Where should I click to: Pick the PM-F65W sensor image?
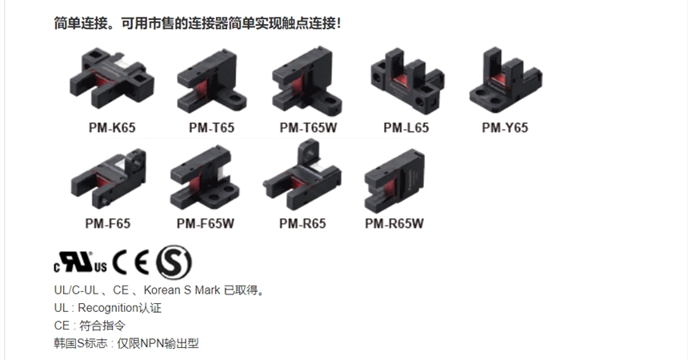click(x=205, y=178)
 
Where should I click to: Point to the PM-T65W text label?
click(x=309, y=127)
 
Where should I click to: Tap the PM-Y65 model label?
click(x=505, y=127)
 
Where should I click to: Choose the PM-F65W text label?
click(x=206, y=224)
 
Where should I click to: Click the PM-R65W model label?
click(x=394, y=224)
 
